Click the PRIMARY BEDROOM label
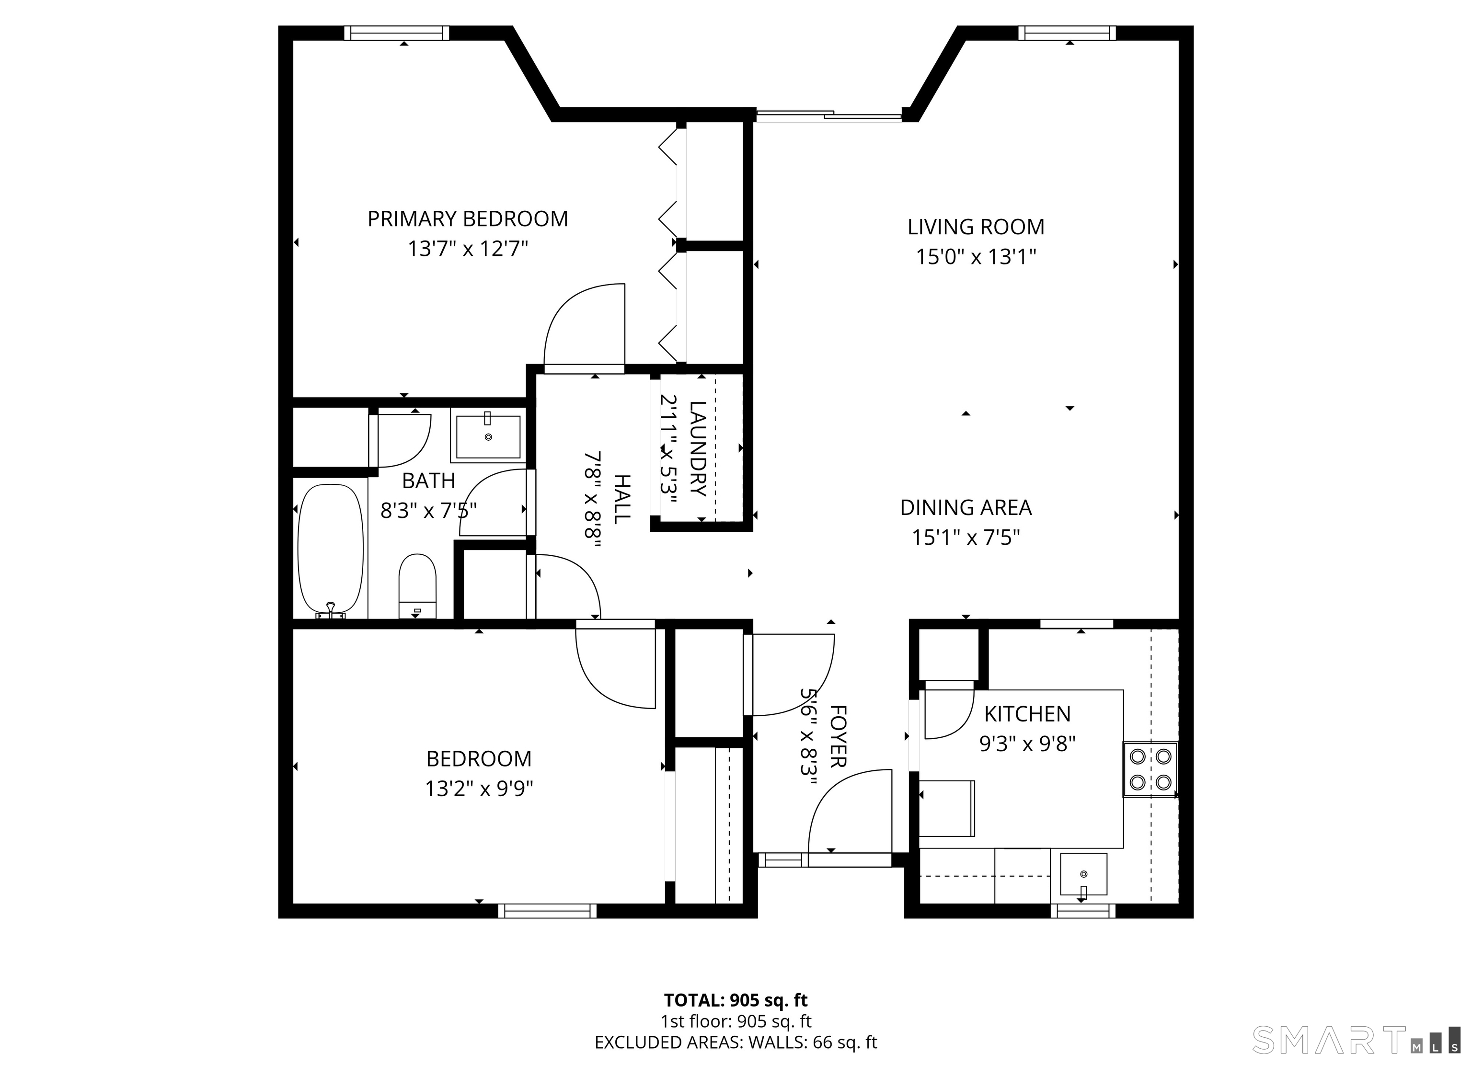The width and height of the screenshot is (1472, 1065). pyautogui.click(x=467, y=219)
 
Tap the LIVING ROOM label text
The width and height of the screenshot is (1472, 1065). pyautogui.click(x=976, y=227)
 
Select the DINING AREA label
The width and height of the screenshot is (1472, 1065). pyautogui.click(x=966, y=507)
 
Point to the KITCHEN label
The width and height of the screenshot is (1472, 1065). pyautogui.click(x=1027, y=714)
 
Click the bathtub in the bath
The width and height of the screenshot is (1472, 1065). pyautogui.click(x=330, y=550)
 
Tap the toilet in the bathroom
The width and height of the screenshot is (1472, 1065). pyautogui.click(x=417, y=586)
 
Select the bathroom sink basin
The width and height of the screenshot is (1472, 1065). pyautogui.click(x=488, y=437)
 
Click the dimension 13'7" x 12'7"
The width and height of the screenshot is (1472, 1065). pyautogui.click(x=468, y=249)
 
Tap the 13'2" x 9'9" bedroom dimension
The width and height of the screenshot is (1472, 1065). pyautogui.click(x=479, y=789)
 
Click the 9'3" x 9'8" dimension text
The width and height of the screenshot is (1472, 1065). pyautogui.click(x=1027, y=744)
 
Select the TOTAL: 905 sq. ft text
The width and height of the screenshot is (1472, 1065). pyautogui.click(x=736, y=1000)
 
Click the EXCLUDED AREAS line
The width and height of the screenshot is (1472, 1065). pyautogui.click(x=736, y=1042)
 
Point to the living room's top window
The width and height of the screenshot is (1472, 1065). pyautogui.click(x=1067, y=33)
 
